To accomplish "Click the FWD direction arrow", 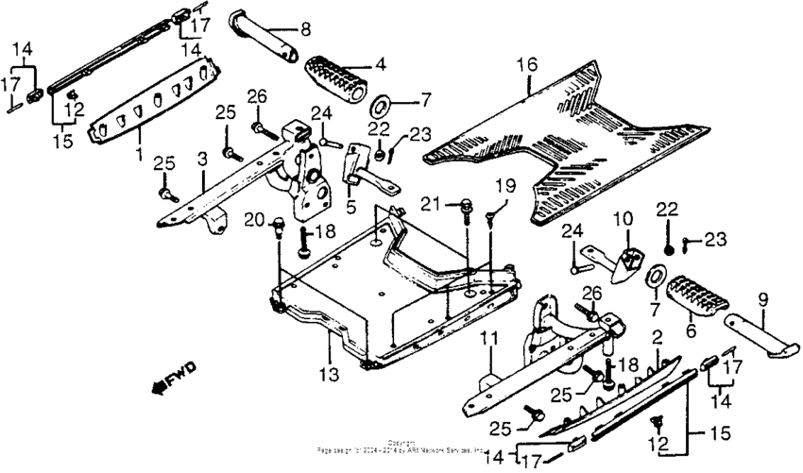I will [168, 381].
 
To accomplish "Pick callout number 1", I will [139, 152].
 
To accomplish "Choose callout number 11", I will [491, 336].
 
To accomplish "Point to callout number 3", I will [201, 156].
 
